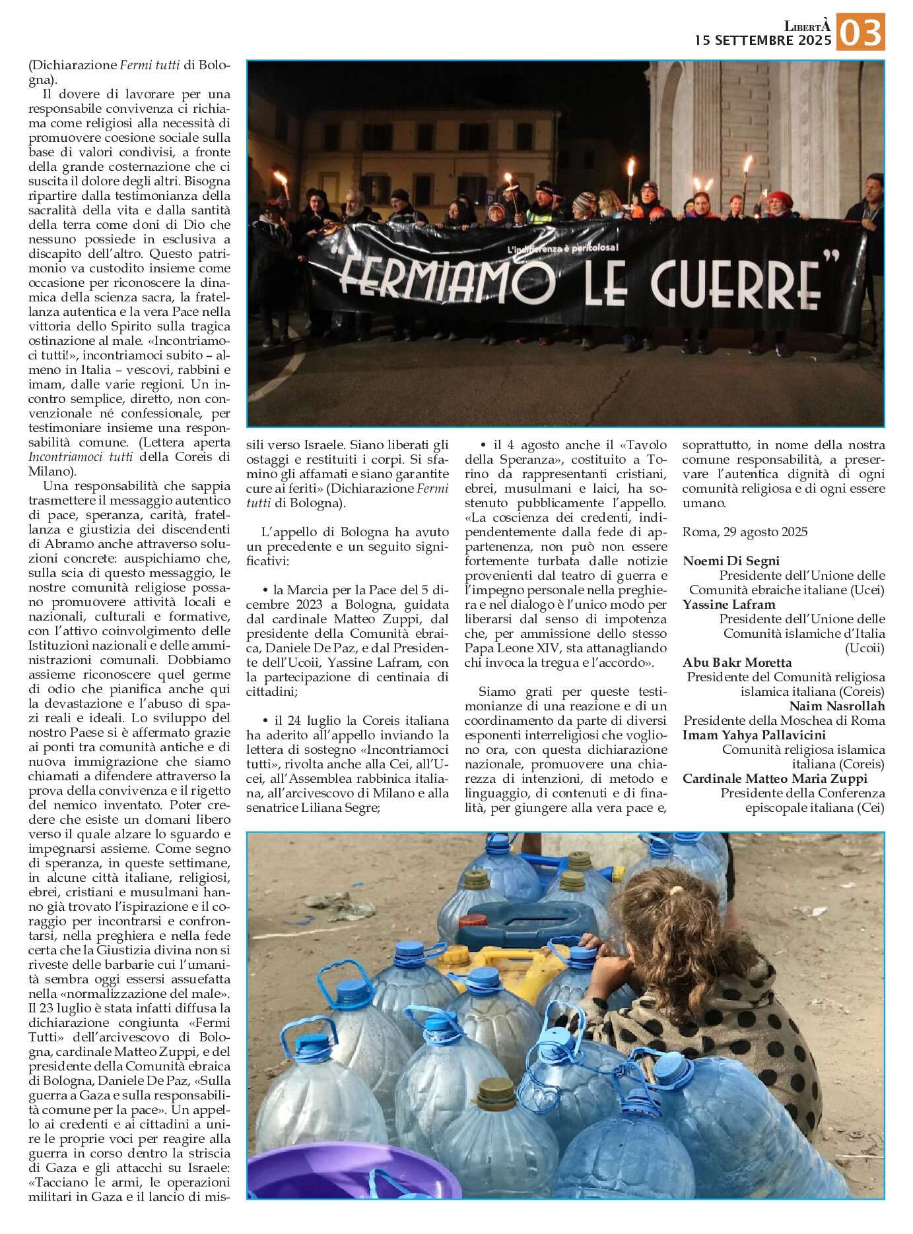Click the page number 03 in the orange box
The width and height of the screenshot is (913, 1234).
click(x=860, y=33)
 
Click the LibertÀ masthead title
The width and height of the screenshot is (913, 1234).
click(x=807, y=26)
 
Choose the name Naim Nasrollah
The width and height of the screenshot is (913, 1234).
click(x=836, y=706)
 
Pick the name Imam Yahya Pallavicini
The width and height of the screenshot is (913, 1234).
click(x=754, y=735)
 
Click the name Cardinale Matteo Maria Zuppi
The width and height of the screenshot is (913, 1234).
click(x=774, y=778)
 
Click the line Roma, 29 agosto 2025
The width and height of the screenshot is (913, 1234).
click(x=745, y=532)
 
